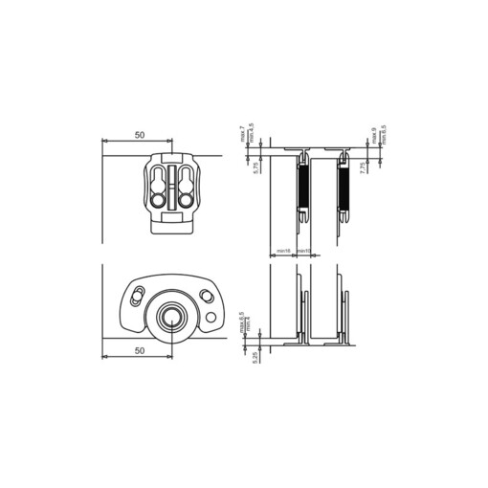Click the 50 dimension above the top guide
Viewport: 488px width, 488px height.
coord(141,135)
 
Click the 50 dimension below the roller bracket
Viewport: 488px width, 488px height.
coord(141,351)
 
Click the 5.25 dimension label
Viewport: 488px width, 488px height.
coord(255,357)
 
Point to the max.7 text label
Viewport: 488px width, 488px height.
coord(244,136)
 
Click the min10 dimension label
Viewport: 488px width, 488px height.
coord(303,252)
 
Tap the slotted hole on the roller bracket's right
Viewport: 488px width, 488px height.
coord(206,292)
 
